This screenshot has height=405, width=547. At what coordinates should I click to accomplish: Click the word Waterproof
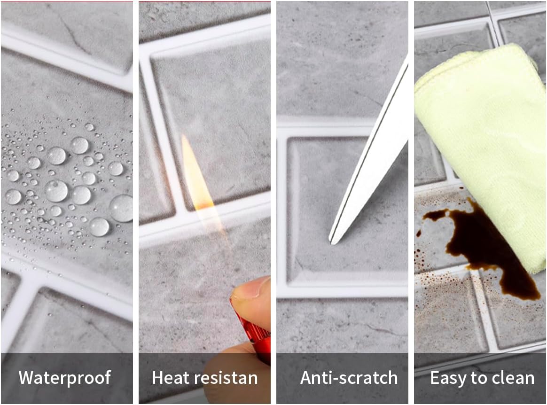coord(65,377)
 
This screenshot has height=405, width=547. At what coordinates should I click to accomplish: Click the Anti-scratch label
coord(349,378)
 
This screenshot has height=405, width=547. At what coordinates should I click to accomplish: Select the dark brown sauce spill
coord(485,248)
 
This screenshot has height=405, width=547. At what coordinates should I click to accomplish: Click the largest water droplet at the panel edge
coord(121,208)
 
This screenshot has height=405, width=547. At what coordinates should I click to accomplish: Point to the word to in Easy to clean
coord(478,379)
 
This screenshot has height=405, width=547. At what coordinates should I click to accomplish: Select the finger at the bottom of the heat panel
coord(237,373)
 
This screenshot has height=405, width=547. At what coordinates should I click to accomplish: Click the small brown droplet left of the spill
coord(418,233)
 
